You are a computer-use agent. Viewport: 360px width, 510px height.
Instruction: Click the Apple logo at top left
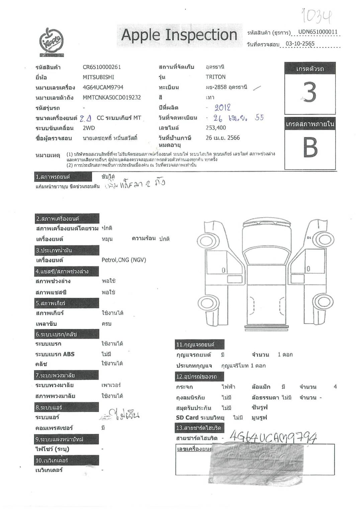[52, 42]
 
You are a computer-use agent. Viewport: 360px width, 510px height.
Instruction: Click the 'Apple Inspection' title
[179, 35]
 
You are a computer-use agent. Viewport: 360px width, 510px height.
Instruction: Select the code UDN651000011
[318, 32]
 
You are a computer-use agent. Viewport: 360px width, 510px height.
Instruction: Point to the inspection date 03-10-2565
[300, 44]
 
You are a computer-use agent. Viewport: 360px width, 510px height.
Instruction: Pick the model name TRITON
[215, 77]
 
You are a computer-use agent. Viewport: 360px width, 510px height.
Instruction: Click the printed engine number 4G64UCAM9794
[103, 87]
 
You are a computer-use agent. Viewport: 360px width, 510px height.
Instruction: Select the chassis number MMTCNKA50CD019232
[112, 98]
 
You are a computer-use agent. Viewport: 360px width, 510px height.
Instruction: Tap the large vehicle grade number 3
[310, 92]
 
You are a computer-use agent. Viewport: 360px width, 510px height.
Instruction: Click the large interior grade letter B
[310, 147]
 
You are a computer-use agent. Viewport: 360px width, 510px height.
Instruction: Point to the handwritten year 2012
[222, 108]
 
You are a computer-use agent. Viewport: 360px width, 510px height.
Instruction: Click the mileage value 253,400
[216, 128]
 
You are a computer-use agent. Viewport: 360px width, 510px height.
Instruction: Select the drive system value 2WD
[89, 128]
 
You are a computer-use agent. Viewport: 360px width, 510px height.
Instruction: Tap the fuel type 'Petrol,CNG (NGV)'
[124, 260]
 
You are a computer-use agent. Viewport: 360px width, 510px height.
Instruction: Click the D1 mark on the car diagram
[309, 238]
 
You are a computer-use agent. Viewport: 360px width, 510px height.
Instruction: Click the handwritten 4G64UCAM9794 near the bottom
[273, 437]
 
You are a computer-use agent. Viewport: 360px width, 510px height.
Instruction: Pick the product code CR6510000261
[102, 67]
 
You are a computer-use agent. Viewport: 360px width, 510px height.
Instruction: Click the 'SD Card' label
[187, 418]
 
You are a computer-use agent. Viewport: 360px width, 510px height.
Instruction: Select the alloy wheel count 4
[335, 387]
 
